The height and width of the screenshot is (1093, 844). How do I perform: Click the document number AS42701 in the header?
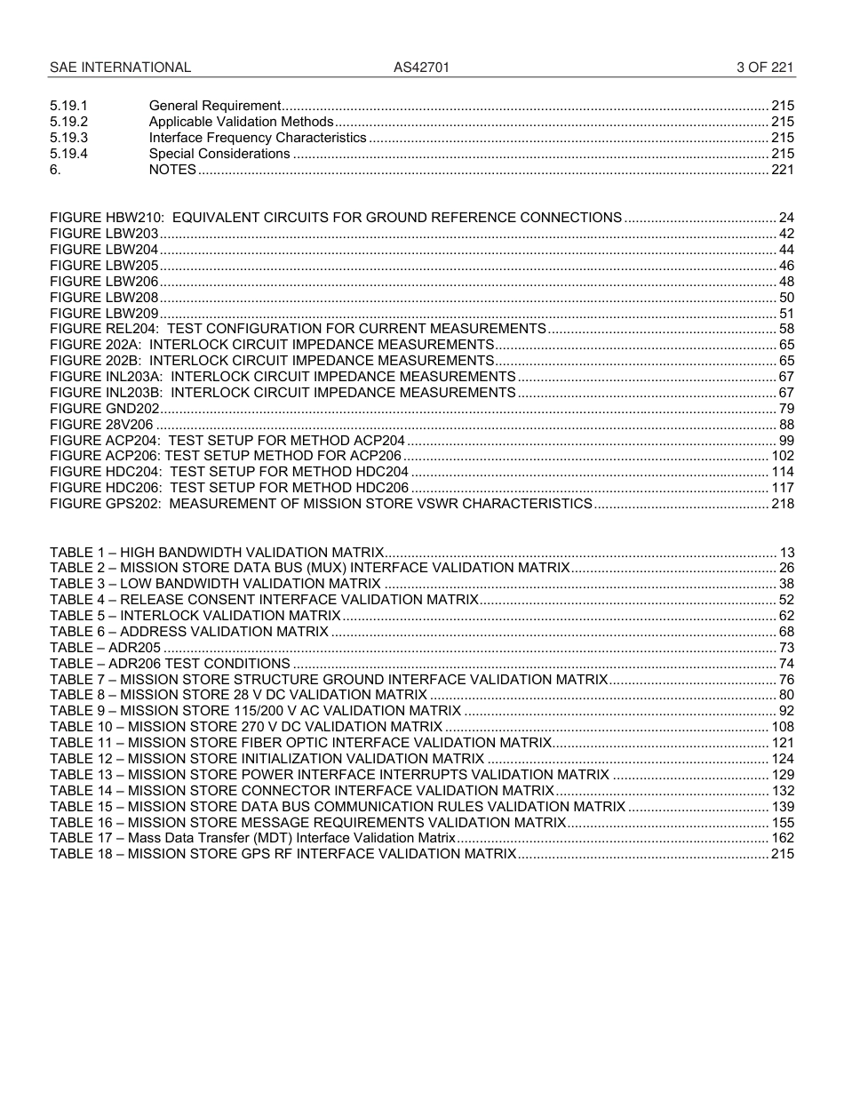(x=415, y=68)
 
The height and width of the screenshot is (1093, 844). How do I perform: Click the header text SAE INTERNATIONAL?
(x=120, y=68)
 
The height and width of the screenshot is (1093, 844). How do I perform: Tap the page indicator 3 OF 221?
(x=765, y=68)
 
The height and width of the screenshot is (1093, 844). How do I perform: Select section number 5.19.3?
(x=69, y=138)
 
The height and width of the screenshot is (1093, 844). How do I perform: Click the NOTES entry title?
(x=172, y=170)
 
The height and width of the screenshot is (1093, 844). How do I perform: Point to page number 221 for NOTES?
(x=783, y=170)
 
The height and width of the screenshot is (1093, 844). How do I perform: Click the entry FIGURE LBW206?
(x=104, y=282)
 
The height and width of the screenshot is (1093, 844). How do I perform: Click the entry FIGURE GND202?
(x=105, y=408)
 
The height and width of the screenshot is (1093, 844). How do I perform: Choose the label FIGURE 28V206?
(x=102, y=424)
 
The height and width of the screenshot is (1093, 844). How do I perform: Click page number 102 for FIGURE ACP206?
(x=783, y=456)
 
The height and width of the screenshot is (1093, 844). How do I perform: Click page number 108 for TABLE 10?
(x=783, y=727)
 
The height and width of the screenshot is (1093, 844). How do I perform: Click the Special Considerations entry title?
(x=219, y=154)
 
